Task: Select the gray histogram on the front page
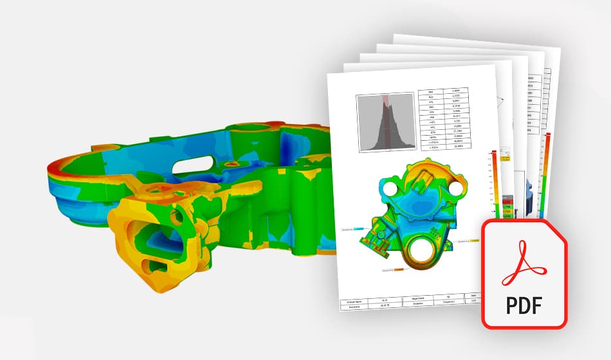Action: coord(384,123)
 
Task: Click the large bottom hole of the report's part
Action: coord(422,247)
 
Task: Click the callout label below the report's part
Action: coord(392,271)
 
